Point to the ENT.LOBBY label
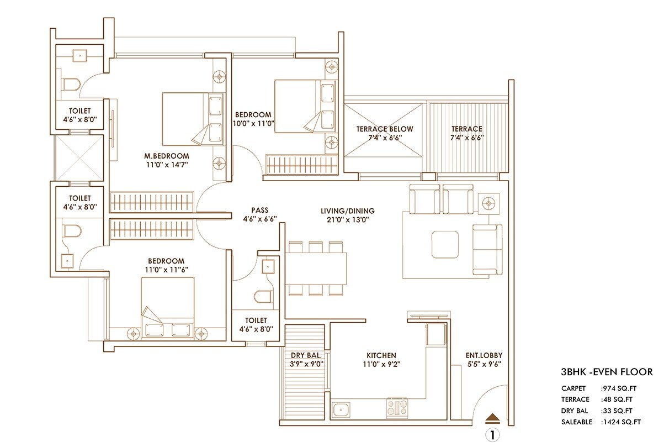pos(484,355)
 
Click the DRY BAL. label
pos(306,355)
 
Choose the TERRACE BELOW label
pos(384,129)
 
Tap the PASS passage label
pos(259,211)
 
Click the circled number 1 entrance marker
pos(493,434)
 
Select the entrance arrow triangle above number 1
pos(493,418)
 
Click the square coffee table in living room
pos(445,244)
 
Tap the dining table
pos(317,268)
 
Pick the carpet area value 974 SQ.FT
pos(621,388)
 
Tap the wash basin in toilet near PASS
pos(268,266)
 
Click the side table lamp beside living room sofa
pos(488,204)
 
